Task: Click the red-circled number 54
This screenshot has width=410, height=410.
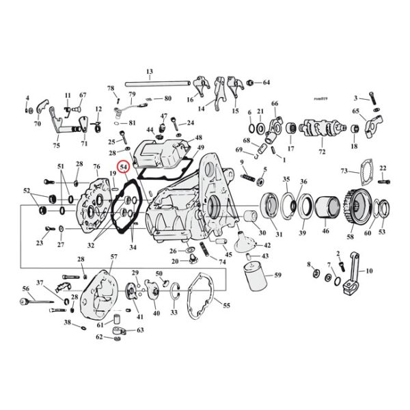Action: click(x=124, y=167)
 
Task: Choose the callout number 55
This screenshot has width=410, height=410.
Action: click(x=227, y=307)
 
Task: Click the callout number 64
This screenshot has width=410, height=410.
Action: click(x=266, y=83)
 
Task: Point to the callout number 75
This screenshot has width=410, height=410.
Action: click(x=56, y=146)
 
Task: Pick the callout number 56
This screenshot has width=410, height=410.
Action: click(x=25, y=288)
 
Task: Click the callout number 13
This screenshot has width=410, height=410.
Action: click(x=149, y=72)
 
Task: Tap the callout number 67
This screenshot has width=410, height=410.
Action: click(x=83, y=95)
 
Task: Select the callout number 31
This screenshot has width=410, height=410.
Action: click(x=279, y=236)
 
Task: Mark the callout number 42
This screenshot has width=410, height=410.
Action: click(x=266, y=244)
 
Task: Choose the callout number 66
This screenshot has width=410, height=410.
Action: click(x=275, y=104)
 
